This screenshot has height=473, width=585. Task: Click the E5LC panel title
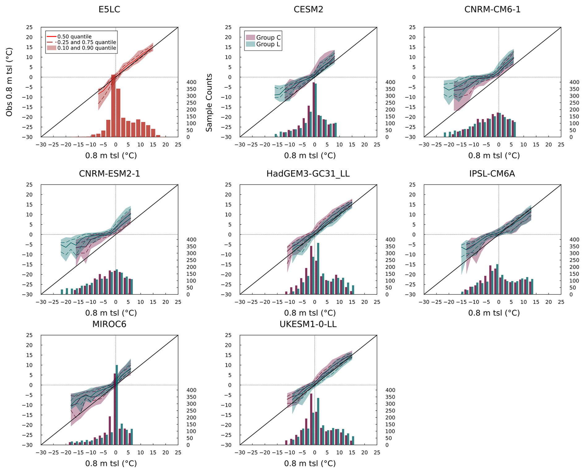(x=109, y=10)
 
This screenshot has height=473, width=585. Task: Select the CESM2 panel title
(x=308, y=10)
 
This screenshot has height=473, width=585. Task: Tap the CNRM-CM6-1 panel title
(x=492, y=10)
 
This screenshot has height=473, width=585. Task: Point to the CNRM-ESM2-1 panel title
(x=109, y=174)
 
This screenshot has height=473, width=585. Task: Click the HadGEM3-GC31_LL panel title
(x=308, y=174)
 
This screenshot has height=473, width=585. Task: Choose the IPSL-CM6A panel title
(x=492, y=174)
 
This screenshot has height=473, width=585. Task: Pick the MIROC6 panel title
(x=109, y=324)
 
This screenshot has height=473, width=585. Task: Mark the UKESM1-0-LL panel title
(x=308, y=324)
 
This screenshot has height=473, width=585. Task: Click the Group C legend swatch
(x=250, y=37)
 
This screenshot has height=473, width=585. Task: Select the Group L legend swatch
(x=250, y=44)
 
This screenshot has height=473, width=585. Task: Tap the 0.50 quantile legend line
(x=51, y=36)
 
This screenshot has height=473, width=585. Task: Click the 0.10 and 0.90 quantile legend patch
(x=51, y=48)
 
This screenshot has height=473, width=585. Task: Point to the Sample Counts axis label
(x=209, y=103)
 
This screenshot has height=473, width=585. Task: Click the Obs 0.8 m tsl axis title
(x=9, y=82)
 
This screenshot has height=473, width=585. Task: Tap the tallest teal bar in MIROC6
(x=117, y=405)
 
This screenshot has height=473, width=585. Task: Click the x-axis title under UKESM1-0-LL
(x=310, y=463)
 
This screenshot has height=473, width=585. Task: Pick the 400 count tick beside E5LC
(x=191, y=82)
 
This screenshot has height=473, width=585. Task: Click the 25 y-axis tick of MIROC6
(x=29, y=335)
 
